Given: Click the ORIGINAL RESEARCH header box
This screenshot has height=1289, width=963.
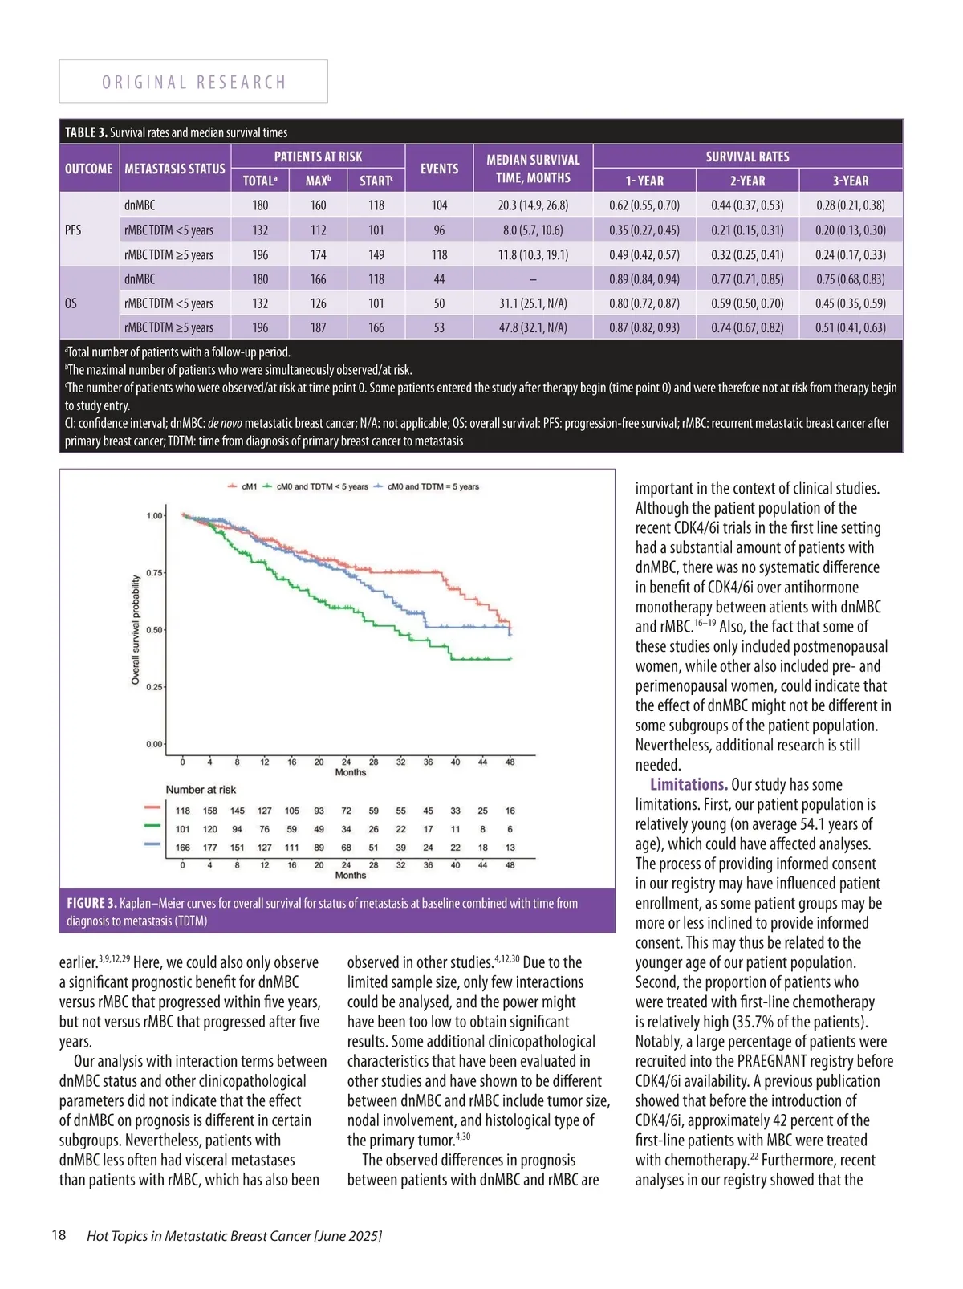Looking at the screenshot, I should pyautogui.click(x=193, y=82).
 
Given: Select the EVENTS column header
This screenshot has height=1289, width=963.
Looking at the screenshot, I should pyautogui.click(x=439, y=169).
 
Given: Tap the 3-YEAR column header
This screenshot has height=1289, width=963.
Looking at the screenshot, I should pyautogui.click(x=850, y=181).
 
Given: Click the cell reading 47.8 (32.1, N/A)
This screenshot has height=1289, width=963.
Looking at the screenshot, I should pyautogui.click(x=533, y=327).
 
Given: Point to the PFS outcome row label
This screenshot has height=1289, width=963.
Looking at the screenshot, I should pyautogui.click(x=73, y=230).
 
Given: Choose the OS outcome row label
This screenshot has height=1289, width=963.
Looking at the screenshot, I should pyautogui.click(x=71, y=303).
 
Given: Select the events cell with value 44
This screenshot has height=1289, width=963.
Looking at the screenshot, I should pyautogui.click(x=439, y=279).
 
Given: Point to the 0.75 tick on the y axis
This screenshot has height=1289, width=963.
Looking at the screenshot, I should pyautogui.click(x=153, y=573).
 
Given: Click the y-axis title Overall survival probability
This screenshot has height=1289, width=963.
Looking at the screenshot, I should pyautogui.click(x=136, y=630).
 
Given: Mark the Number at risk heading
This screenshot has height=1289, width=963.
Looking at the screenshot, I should pyautogui.click(x=201, y=790).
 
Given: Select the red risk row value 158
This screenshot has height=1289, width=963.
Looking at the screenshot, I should pyautogui.click(x=210, y=811).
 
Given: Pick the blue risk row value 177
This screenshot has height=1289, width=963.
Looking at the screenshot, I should pyautogui.click(x=210, y=848).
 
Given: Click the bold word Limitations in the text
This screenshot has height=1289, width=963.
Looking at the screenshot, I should pyautogui.click(x=689, y=785).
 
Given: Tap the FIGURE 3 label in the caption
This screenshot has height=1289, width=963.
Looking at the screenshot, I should pyautogui.click(x=91, y=904).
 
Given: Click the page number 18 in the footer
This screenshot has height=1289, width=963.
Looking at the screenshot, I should pyautogui.click(x=59, y=1235).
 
